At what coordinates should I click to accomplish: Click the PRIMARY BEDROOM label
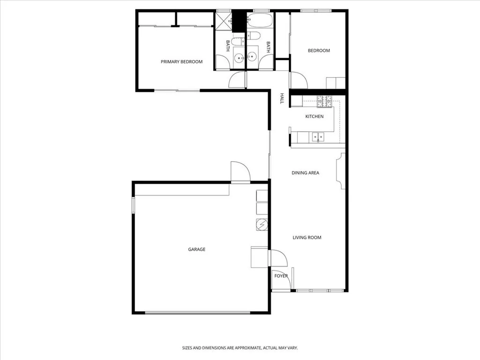point(181,62)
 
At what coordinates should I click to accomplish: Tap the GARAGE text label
point(196,249)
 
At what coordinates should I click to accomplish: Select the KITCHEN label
point(315,116)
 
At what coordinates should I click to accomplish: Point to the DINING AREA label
point(305,173)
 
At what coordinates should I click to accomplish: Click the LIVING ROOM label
point(307,238)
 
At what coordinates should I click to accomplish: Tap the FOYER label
point(281,276)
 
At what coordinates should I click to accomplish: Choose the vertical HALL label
point(282,98)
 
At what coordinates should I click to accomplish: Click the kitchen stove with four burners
point(324,100)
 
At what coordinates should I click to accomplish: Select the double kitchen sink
point(319,137)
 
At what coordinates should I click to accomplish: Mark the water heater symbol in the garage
point(262,225)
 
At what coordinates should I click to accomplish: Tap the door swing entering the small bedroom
point(298,80)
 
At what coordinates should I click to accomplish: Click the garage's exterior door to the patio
point(240,172)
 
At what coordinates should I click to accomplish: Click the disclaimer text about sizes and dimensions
point(240,348)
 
